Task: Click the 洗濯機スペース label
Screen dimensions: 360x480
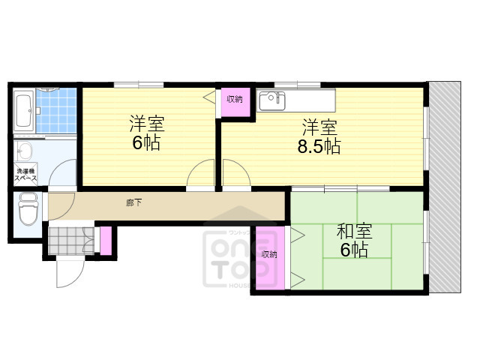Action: click(27, 175)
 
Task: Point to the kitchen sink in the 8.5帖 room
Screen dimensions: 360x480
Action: click(270, 100)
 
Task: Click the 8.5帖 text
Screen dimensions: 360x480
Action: click(320, 147)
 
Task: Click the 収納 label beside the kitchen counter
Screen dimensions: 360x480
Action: click(234, 99)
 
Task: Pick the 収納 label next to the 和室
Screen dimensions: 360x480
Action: click(268, 254)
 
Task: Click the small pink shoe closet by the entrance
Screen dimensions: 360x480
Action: click(106, 239)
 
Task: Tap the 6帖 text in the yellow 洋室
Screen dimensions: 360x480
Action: click(146, 142)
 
